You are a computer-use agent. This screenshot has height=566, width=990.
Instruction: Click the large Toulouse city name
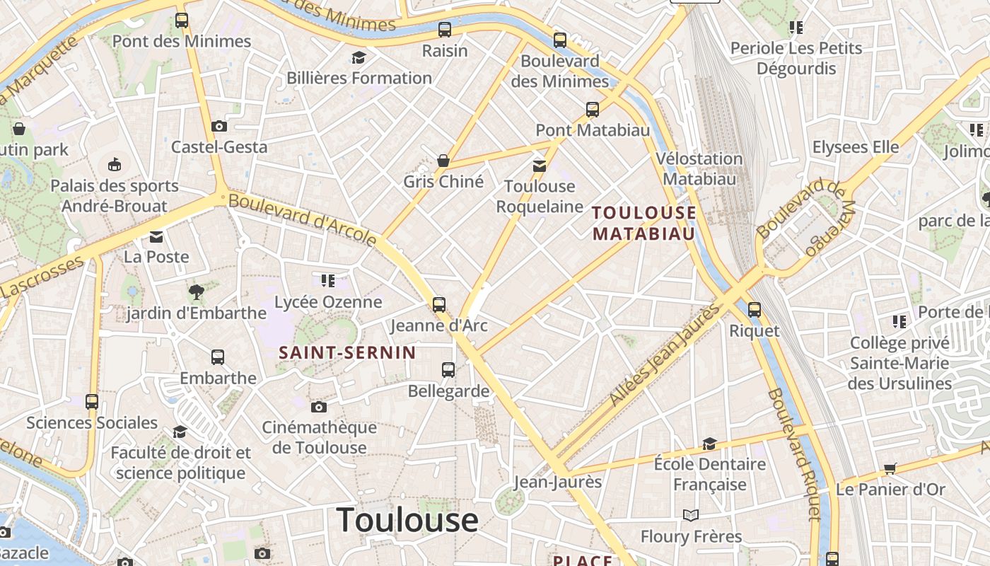click(407, 520)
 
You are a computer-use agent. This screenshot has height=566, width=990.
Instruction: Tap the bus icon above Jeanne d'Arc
click(439, 305)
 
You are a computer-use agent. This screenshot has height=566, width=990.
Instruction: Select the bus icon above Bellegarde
click(448, 369)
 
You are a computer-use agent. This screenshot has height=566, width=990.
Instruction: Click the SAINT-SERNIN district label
click(347, 352)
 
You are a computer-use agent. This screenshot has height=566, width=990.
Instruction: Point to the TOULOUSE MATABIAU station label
click(643, 223)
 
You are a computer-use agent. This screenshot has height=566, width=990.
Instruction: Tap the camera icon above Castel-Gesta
click(219, 126)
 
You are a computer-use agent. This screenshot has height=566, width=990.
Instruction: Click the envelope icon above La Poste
click(156, 236)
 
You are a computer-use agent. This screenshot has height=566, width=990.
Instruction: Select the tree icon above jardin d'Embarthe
click(196, 291)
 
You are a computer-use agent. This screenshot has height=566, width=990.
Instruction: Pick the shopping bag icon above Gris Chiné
click(443, 161)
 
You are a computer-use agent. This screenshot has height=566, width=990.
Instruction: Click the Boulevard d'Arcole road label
click(303, 220)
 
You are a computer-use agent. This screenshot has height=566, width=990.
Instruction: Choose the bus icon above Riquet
click(755, 309)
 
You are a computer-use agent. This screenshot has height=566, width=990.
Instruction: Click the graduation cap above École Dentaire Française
click(709, 444)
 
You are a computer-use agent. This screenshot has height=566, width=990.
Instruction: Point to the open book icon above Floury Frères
click(691, 515)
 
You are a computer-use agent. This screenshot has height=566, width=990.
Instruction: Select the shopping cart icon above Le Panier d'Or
click(890, 468)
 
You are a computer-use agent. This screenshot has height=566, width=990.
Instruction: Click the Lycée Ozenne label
click(328, 302)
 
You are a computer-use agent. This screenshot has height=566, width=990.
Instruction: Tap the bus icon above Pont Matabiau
click(593, 110)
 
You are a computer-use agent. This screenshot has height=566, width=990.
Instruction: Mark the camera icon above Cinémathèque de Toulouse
click(319, 407)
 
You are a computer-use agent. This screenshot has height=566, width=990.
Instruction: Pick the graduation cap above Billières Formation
click(359, 57)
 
